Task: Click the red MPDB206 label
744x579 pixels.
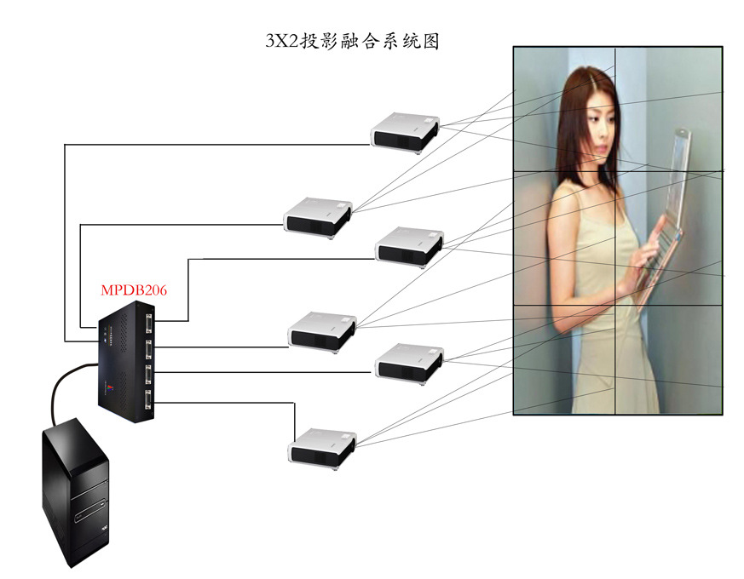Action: [134, 290]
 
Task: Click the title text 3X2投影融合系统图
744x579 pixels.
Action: [353, 41]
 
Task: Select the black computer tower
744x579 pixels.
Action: [76, 494]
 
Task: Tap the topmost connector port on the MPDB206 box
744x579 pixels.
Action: [150, 324]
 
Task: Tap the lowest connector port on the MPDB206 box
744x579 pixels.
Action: [150, 401]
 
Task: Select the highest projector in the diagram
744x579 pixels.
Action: [405, 131]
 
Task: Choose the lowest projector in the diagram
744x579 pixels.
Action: [322, 446]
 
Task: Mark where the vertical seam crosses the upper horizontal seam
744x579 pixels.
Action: [614, 170]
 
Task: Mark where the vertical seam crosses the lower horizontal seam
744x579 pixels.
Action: [614, 305]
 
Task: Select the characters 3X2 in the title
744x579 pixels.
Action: [282, 41]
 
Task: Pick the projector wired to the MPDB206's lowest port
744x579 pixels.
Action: [322, 446]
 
